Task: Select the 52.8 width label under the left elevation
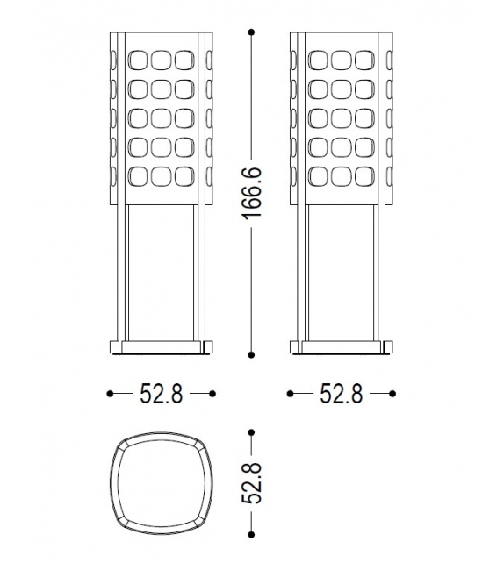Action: [x=162, y=395]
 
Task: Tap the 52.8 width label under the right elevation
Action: [x=342, y=395]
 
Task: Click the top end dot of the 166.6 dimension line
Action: [x=252, y=32]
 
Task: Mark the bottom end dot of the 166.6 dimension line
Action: [x=252, y=355]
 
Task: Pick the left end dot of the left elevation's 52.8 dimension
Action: [x=110, y=395]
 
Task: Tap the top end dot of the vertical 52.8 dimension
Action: [x=252, y=432]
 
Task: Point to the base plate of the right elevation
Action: [x=342, y=348]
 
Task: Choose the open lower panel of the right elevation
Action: [x=342, y=272]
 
